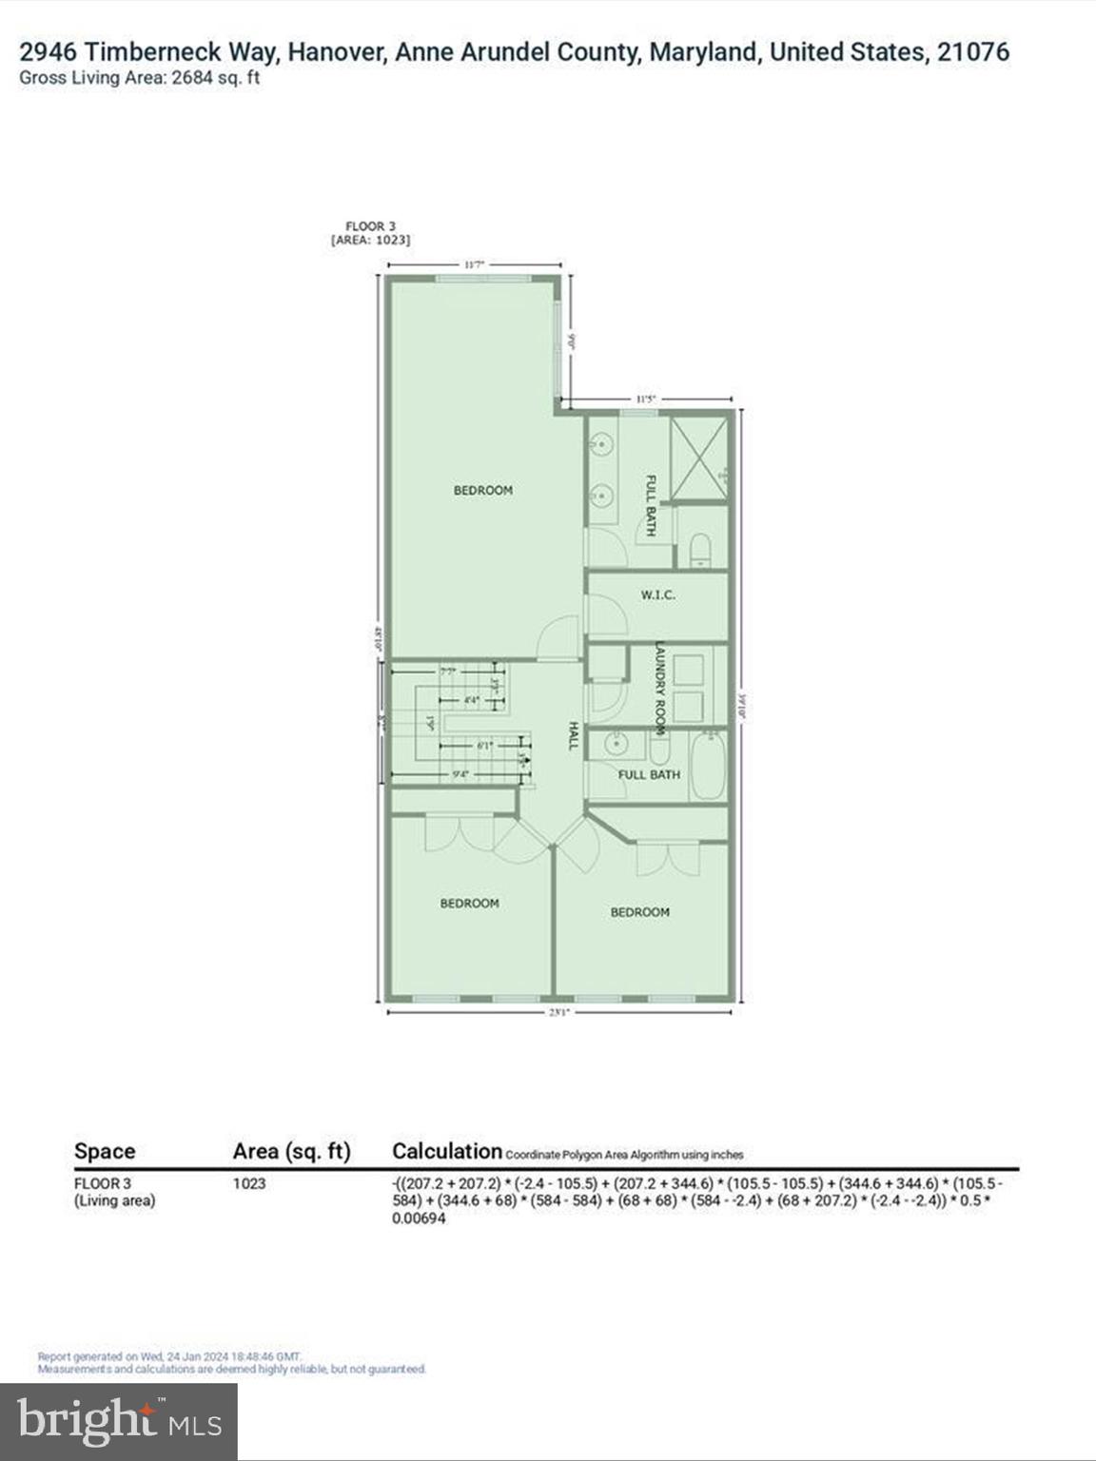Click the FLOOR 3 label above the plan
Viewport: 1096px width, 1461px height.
pos(370,226)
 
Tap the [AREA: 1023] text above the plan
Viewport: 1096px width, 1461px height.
pos(370,241)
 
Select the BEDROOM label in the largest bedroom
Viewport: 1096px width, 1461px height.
pos(482,490)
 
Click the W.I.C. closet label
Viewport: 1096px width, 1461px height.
pos(657,594)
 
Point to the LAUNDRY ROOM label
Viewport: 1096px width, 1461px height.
pos(657,689)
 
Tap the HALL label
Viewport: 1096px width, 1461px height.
pos(573,735)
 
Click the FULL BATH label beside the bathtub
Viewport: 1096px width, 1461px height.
pos(649,774)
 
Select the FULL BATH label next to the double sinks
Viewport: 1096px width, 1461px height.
pos(651,505)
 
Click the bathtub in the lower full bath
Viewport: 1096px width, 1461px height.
pos(708,765)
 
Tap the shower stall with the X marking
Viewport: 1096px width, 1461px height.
pos(700,458)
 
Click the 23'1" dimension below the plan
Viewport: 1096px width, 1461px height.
pos(558,1012)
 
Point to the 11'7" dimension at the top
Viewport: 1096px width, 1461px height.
pos(474,265)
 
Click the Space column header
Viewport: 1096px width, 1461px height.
pos(105,1151)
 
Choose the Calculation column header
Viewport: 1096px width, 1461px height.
pos(446,1151)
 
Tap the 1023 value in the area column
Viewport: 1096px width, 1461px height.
pos(249,1183)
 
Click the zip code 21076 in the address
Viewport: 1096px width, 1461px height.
pos(972,52)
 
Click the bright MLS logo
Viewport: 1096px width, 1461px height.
pos(119,1422)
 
